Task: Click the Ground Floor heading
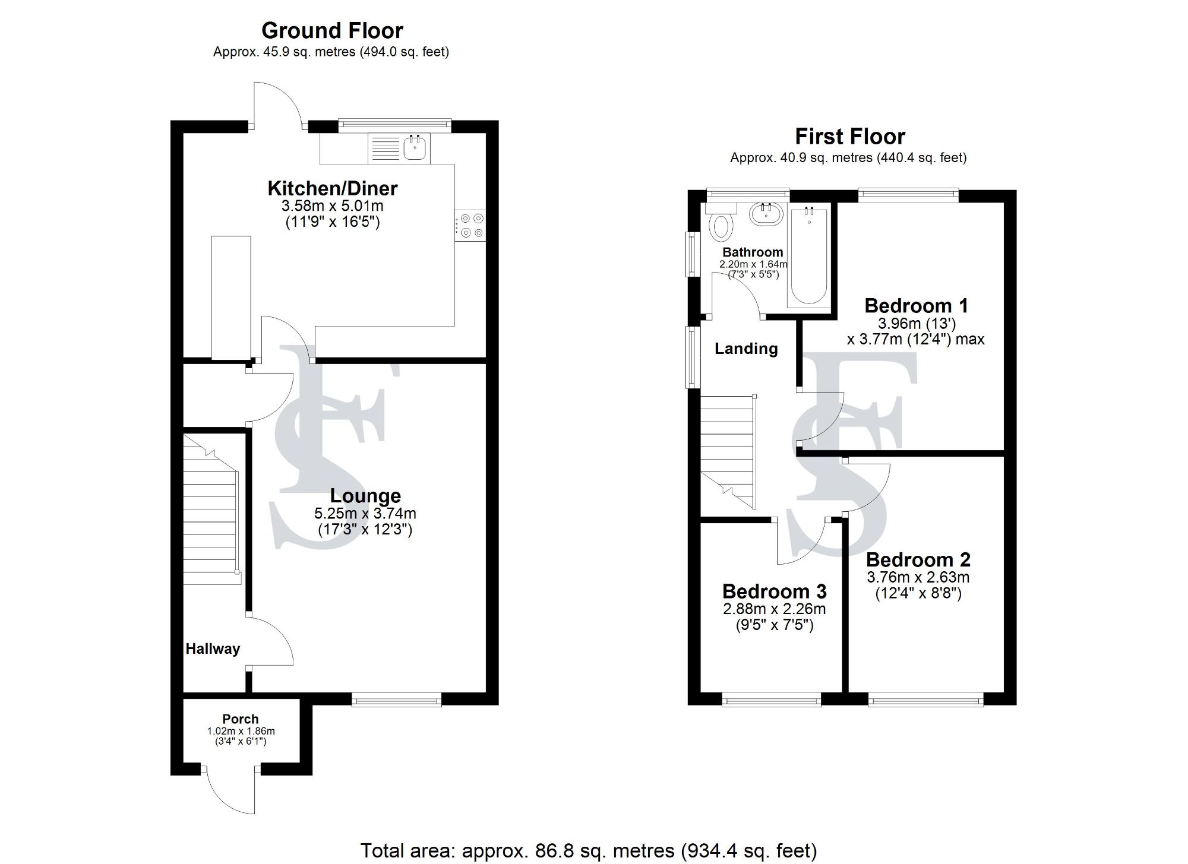tap(332, 31)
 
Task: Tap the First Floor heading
tap(849, 137)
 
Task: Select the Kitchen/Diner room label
tap(332, 189)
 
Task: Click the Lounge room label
tap(365, 496)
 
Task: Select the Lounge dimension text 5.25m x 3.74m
tap(365, 513)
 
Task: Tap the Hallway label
tap(213, 649)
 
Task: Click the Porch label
tap(241, 719)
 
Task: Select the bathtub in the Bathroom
tap(808, 257)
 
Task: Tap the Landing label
tap(746, 349)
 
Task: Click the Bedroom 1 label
tap(916, 306)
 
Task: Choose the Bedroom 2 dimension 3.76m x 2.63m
tap(918, 577)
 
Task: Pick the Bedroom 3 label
tap(774, 591)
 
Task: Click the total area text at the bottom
tap(588, 850)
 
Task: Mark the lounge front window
tap(397, 701)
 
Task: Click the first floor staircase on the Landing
tap(728, 451)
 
